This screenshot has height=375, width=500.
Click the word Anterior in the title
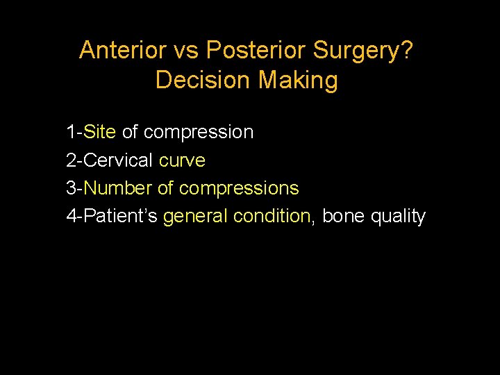pyautogui.click(x=121, y=50)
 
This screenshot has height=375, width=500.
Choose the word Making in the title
pyautogui.click(x=299, y=81)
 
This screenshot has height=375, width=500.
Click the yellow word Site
pyautogui.click(x=100, y=132)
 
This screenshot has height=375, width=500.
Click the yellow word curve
pyautogui.click(x=182, y=160)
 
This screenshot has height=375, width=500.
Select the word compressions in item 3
pyautogui.click(x=239, y=189)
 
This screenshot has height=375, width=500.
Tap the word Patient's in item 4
pyautogui.click(x=121, y=217)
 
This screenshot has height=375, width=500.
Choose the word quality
pyautogui.click(x=398, y=217)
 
